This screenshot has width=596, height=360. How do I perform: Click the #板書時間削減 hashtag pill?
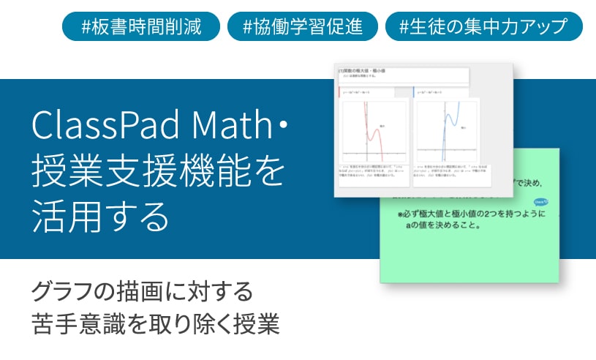click(x=141, y=27)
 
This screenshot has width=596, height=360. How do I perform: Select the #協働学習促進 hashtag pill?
click(x=302, y=27)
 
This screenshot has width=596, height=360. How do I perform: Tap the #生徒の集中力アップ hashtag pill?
click(x=483, y=27)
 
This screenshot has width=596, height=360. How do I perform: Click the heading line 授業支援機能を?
click(x=157, y=171)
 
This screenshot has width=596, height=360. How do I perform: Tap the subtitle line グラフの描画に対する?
click(x=142, y=291)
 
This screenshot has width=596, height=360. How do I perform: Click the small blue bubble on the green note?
click(x=542, y=200)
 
